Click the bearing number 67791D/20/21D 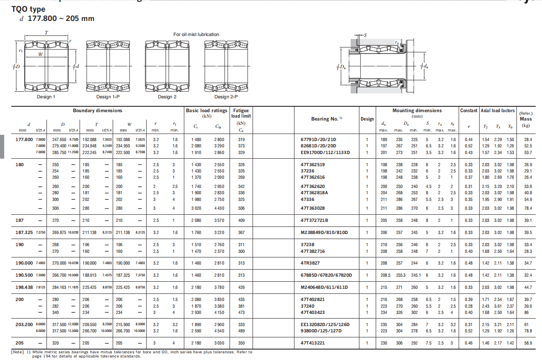tap(318, 139)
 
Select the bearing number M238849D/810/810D tap(324, 232)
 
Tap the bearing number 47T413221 tap(312, 343)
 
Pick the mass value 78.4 tap(528, 208)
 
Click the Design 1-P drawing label tap(109, 97)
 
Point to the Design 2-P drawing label tap(226, 97)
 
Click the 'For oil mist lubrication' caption tap(196, 34)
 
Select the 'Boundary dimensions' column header tap(98, 111)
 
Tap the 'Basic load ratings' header tap(206, 111)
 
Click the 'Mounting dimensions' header tap(417, 111)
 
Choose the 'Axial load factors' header tap(498, 111)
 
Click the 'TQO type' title tap(28, 9)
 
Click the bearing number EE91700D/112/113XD tap(325, 152)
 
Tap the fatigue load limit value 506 tap(241, 208)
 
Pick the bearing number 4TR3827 tap(310, 263)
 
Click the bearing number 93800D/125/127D tap(321, 331)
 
